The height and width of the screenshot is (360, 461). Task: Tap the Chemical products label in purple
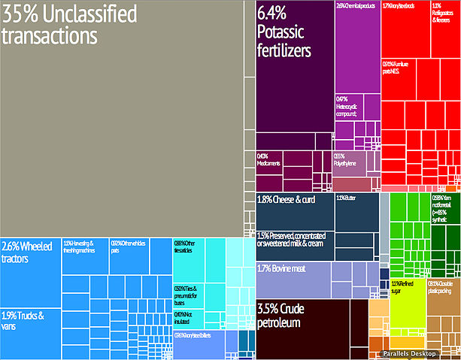[356, 7]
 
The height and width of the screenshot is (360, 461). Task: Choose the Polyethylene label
[344, 159]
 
